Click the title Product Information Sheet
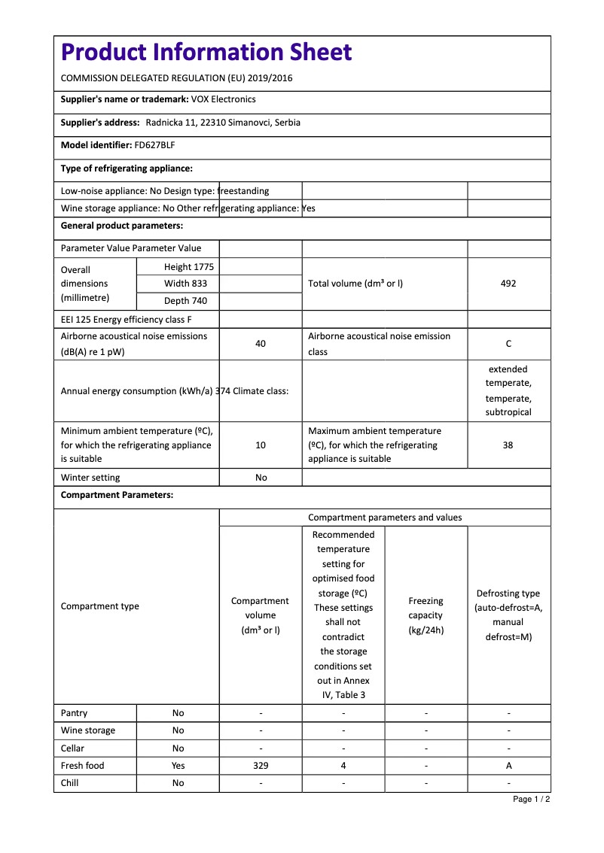[206, 53]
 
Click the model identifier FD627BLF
[154, 145]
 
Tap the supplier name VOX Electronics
[223, 99]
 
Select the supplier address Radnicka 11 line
[223, 123]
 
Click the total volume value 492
[508, 284]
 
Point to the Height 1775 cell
[188, 267]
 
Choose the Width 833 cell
[185, 284]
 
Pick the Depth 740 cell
[185, 301]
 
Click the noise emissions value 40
[261, 344]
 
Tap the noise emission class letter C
[508, 344]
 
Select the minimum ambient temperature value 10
[261, 445]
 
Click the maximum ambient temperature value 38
[508, 445]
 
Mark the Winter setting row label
[90, 478]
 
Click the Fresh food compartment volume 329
[261, 766]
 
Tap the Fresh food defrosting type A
[508, 766]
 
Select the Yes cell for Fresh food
[178, 766]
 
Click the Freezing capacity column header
[426, 615]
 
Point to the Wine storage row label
[88, 730]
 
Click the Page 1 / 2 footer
[531, 799]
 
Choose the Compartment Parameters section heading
[117, 495]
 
